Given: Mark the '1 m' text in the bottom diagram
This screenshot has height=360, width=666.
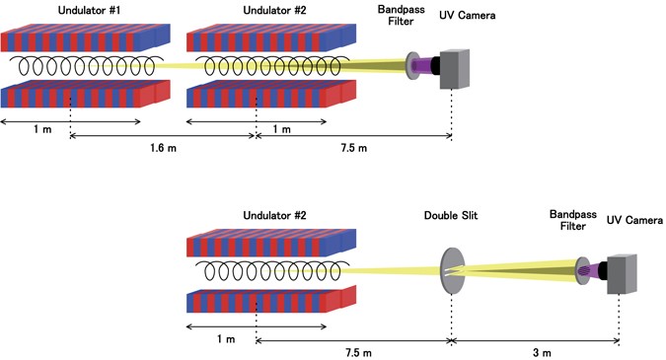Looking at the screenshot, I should (x=224, y=338).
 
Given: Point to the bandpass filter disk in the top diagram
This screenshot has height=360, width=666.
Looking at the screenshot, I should (x=411, y=66).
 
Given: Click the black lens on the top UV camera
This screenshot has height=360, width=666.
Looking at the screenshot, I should (x=431, y=66).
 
